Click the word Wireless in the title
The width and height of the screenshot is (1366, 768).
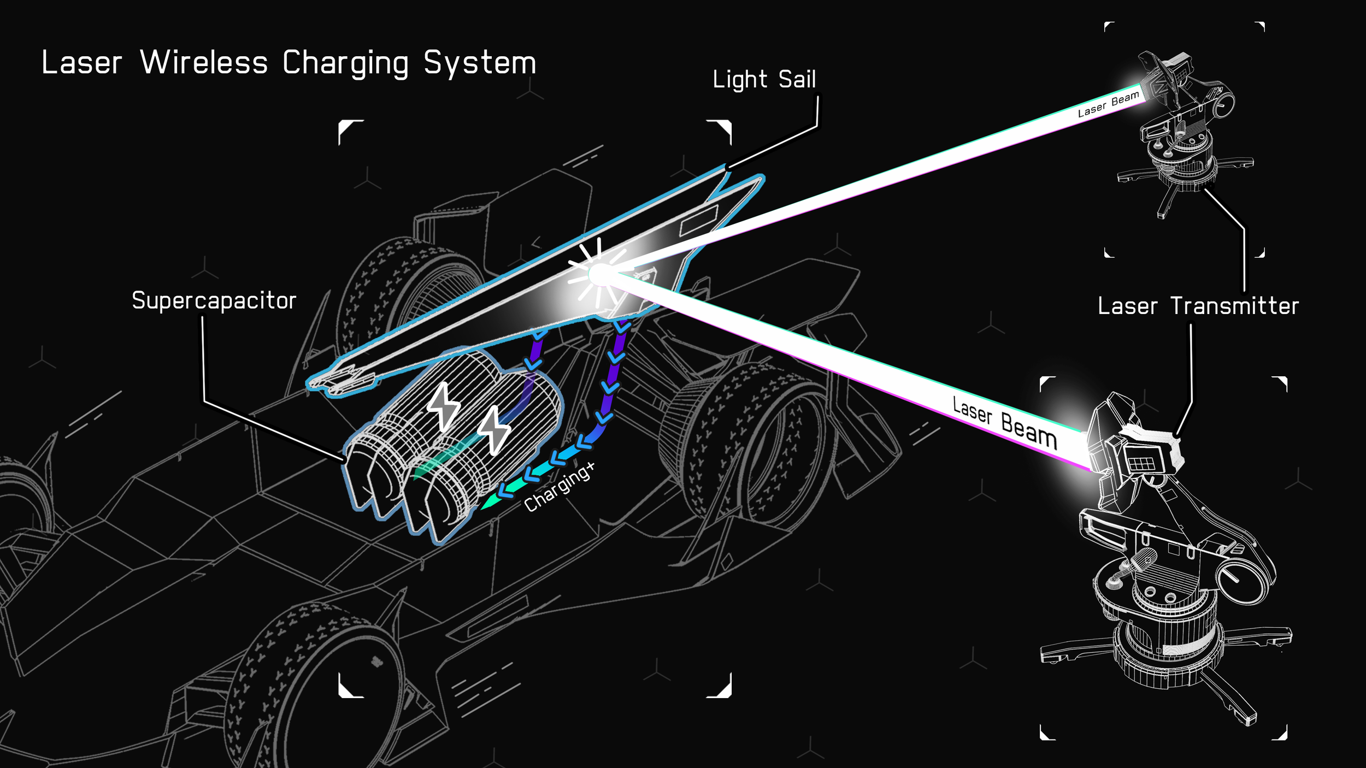pyautogui.click(x=204, y=62)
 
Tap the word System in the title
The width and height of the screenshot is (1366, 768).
pyautogui.click(x=480, y=63)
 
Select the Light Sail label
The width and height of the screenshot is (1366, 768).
pyautogui.click(x=764, y=80)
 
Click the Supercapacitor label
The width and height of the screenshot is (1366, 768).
pyautogui.click(x=214, y=301)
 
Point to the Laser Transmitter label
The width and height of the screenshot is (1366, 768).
pyautogui.click(x=1198, y=306)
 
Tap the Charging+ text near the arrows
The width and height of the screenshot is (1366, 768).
pyautogui.click(x=559, y=487)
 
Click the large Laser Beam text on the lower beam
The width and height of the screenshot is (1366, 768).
pyautogui.click(x=1004, y=422)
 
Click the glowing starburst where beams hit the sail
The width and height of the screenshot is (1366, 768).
pyautogui.click(x=599, y=274)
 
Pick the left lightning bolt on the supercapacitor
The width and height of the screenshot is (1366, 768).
pyautogui.click(x=444, y=407)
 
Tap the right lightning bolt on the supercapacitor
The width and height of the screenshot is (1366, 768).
pyautogui.click(x=494, y=430)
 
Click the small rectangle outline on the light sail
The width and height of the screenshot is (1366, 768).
pyautogui.click(x=699, y=221)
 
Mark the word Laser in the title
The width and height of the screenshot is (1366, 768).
pyautogui.click(x=81, y=62)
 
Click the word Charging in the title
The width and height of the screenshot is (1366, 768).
pyautogui.click(x=345, y=63)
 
